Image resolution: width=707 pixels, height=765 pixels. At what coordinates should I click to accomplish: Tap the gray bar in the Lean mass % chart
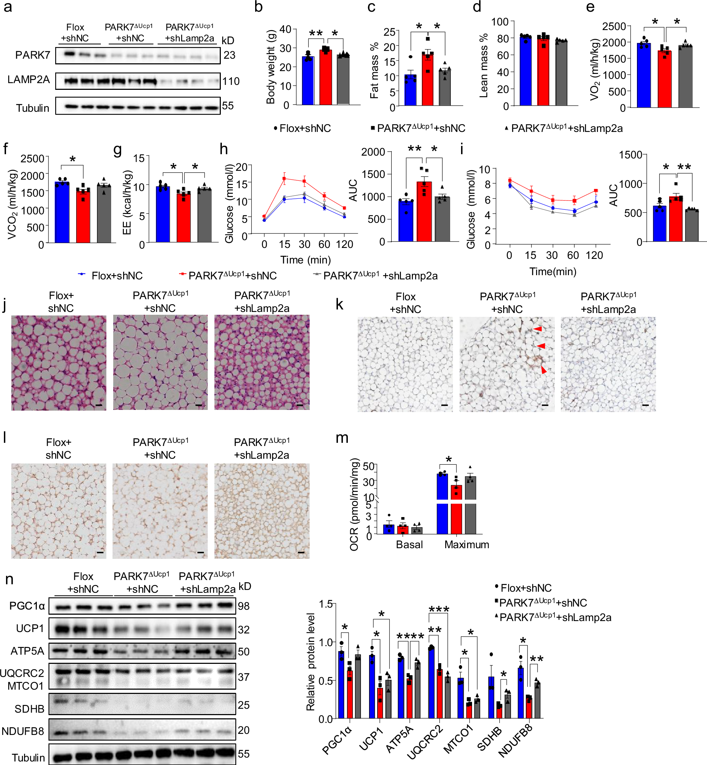[561, 73]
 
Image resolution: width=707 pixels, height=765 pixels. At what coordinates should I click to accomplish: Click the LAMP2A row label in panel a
[29, 80]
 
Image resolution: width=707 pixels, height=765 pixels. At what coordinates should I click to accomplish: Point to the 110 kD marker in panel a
[231, 81]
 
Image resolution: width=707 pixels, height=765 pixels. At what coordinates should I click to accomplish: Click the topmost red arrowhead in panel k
[538, 329]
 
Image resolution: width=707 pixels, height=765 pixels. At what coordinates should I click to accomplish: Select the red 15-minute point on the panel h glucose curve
[284, 179]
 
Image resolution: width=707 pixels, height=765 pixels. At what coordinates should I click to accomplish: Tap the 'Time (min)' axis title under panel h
[305, 260]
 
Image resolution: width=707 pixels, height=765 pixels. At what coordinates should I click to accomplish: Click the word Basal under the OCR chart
[409, 544]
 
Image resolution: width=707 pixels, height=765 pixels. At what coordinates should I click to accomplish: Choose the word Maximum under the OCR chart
[466, 544]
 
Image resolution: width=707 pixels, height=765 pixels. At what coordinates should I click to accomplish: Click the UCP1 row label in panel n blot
[30, 628]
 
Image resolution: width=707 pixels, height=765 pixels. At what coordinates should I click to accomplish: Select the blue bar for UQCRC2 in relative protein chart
[431, 683]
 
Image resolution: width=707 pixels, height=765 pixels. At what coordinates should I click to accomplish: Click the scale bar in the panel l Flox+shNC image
[100, 552]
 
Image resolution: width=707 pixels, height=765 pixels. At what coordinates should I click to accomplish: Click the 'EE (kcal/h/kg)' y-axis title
[127, 203]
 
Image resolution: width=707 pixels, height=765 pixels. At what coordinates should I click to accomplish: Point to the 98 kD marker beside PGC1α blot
[244, 606]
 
